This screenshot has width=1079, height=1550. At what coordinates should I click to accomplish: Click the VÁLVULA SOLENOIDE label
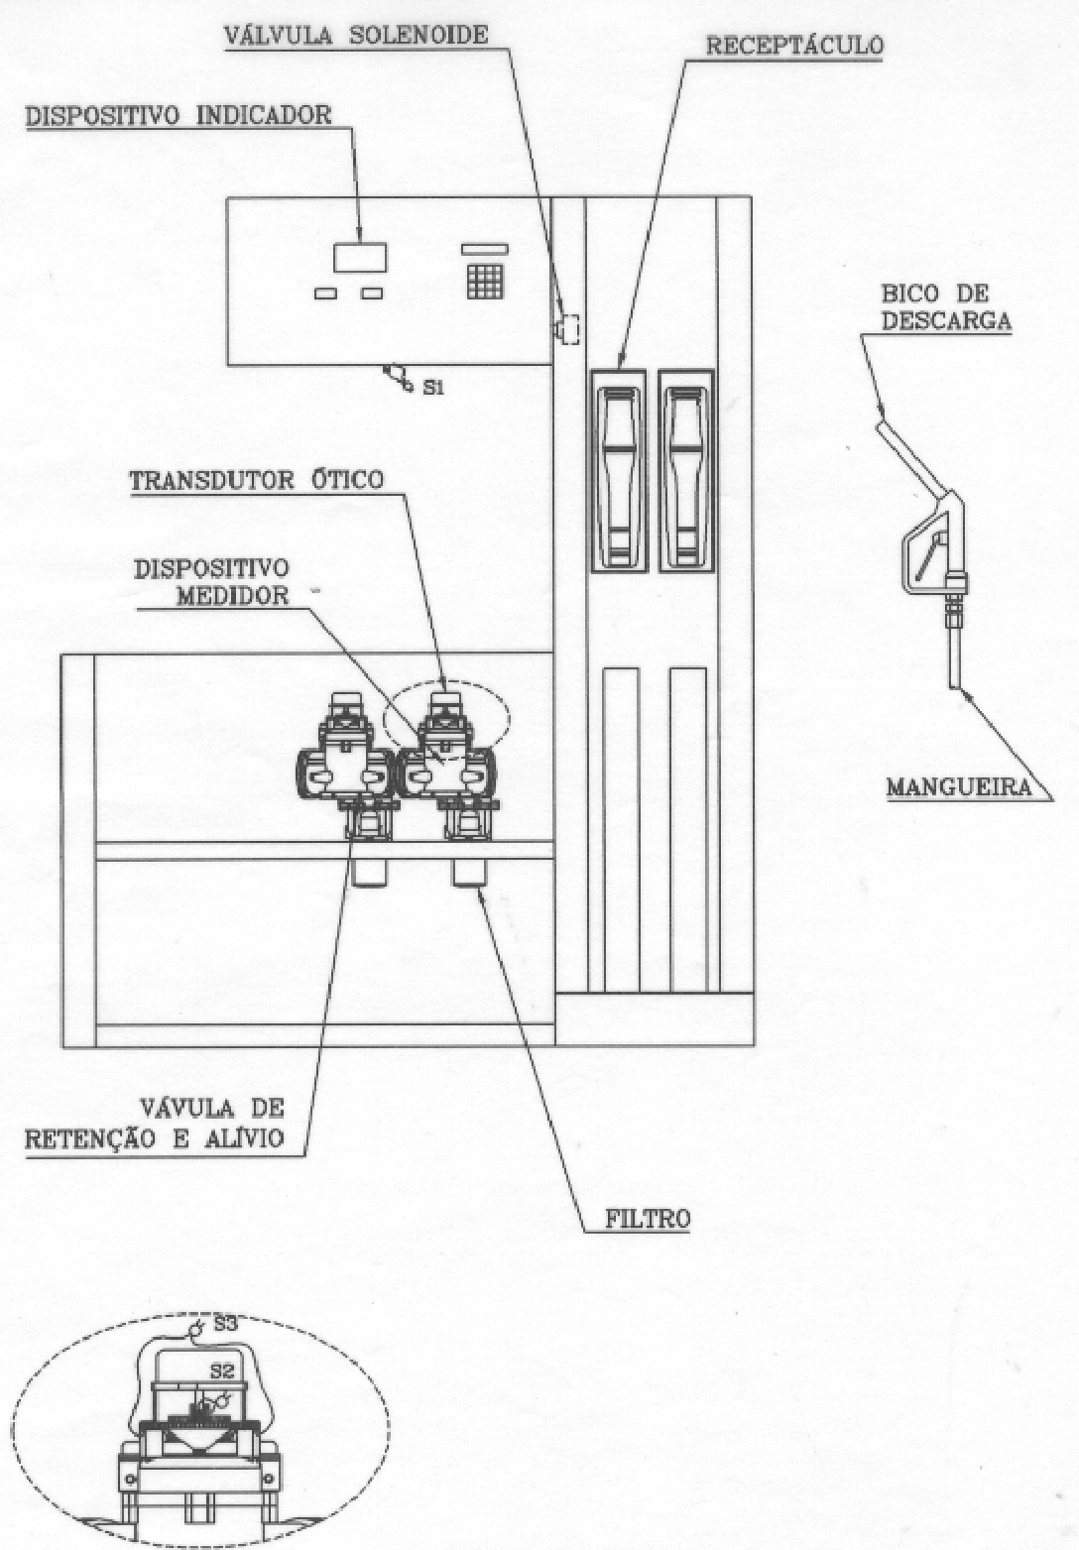[356, 36]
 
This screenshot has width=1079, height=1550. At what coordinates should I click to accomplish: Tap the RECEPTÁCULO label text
[793, 46]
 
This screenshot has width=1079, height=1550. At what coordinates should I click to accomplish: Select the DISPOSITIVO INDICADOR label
[179, 115]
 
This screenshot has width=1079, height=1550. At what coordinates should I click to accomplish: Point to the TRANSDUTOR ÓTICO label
[256, 480]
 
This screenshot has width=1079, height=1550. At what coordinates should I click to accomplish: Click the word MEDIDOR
[232, 596]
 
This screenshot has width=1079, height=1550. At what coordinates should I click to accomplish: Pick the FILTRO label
[648, 1219]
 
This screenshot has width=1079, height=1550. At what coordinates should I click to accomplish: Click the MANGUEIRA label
[959, 786]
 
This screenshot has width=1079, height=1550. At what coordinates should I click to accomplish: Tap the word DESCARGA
[946, 321]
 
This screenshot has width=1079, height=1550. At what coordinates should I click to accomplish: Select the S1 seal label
[433, 388]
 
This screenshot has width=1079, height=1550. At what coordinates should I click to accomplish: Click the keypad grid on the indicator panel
[485, 282]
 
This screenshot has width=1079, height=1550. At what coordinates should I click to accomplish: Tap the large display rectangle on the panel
[360, 258]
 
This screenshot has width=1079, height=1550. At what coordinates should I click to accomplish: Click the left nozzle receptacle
[619, 470]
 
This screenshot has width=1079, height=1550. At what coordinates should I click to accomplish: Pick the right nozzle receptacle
[685, 470]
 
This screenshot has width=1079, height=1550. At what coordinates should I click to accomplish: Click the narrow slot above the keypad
[485, 249]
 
